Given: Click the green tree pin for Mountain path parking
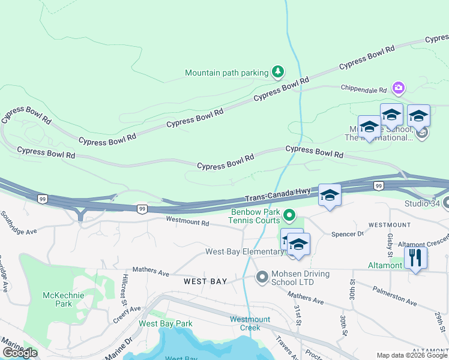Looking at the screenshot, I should pyautogui.click(x=277, y=73).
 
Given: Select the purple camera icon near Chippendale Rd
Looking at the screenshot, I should pyautogui.click(x=398, y=89).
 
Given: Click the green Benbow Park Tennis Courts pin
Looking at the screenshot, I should pyautogui.click(x=289, y=214).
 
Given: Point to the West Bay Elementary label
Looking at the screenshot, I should pyautogui.click(x=244, y=251).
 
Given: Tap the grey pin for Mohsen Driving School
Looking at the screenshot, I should pyautogui.click(x=262, y=277).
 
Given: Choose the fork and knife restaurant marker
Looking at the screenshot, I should pyautogui.click(x=415, y=257).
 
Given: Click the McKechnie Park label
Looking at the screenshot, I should pyautogui.click(x=58, y=299).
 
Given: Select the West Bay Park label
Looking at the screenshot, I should pyautogui.click(x=166, y=323).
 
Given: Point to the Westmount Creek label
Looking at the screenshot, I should pyautogui.click(x=250, y=323).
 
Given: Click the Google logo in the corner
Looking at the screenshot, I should pyautogui.click(x=19, y=353).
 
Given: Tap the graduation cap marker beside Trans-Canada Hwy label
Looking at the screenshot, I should pyautogui.click(x=330, y=196).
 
